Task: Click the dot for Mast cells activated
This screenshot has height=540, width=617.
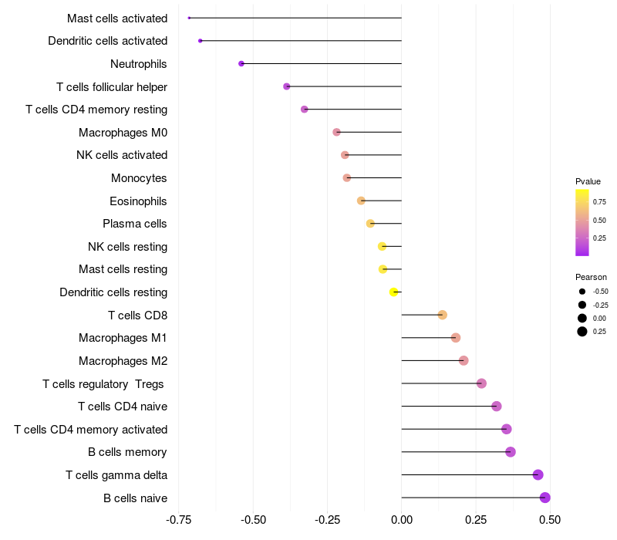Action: tap(189, 18)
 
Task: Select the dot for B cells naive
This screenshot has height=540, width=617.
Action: tap(545, 498)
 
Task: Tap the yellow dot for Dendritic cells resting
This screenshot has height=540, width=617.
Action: tap(393, 292)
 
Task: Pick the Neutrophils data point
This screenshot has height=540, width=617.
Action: tap(241, 64)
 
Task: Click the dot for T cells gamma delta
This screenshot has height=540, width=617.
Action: tap(538, 474)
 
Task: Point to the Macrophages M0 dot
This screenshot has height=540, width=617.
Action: tap(336, 132)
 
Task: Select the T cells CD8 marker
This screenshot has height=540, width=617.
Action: tap(442, 315)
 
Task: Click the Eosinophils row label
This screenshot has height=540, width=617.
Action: tap(138, 201)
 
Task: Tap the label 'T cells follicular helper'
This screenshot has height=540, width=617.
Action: tap(112, 87)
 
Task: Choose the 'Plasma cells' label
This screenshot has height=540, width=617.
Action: tap(134, 224)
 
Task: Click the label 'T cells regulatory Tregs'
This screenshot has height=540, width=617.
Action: tap(103, 384)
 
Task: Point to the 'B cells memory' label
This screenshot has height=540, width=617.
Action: tap(127, 452)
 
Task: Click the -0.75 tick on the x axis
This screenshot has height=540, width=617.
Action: tap(178, 520)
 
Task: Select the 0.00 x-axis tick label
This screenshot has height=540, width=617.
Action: tap(401, 520)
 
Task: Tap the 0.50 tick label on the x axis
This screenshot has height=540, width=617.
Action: tap(550, 520)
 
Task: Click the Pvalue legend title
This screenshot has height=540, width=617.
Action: tap(588, 181)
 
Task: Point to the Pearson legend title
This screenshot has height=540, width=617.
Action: tap(591, 277)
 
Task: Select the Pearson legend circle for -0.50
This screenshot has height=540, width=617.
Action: tap(582, 292)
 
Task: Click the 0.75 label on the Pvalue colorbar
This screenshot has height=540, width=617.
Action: tap(599, 202)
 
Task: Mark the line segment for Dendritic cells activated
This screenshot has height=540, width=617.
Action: tap(301, 41)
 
